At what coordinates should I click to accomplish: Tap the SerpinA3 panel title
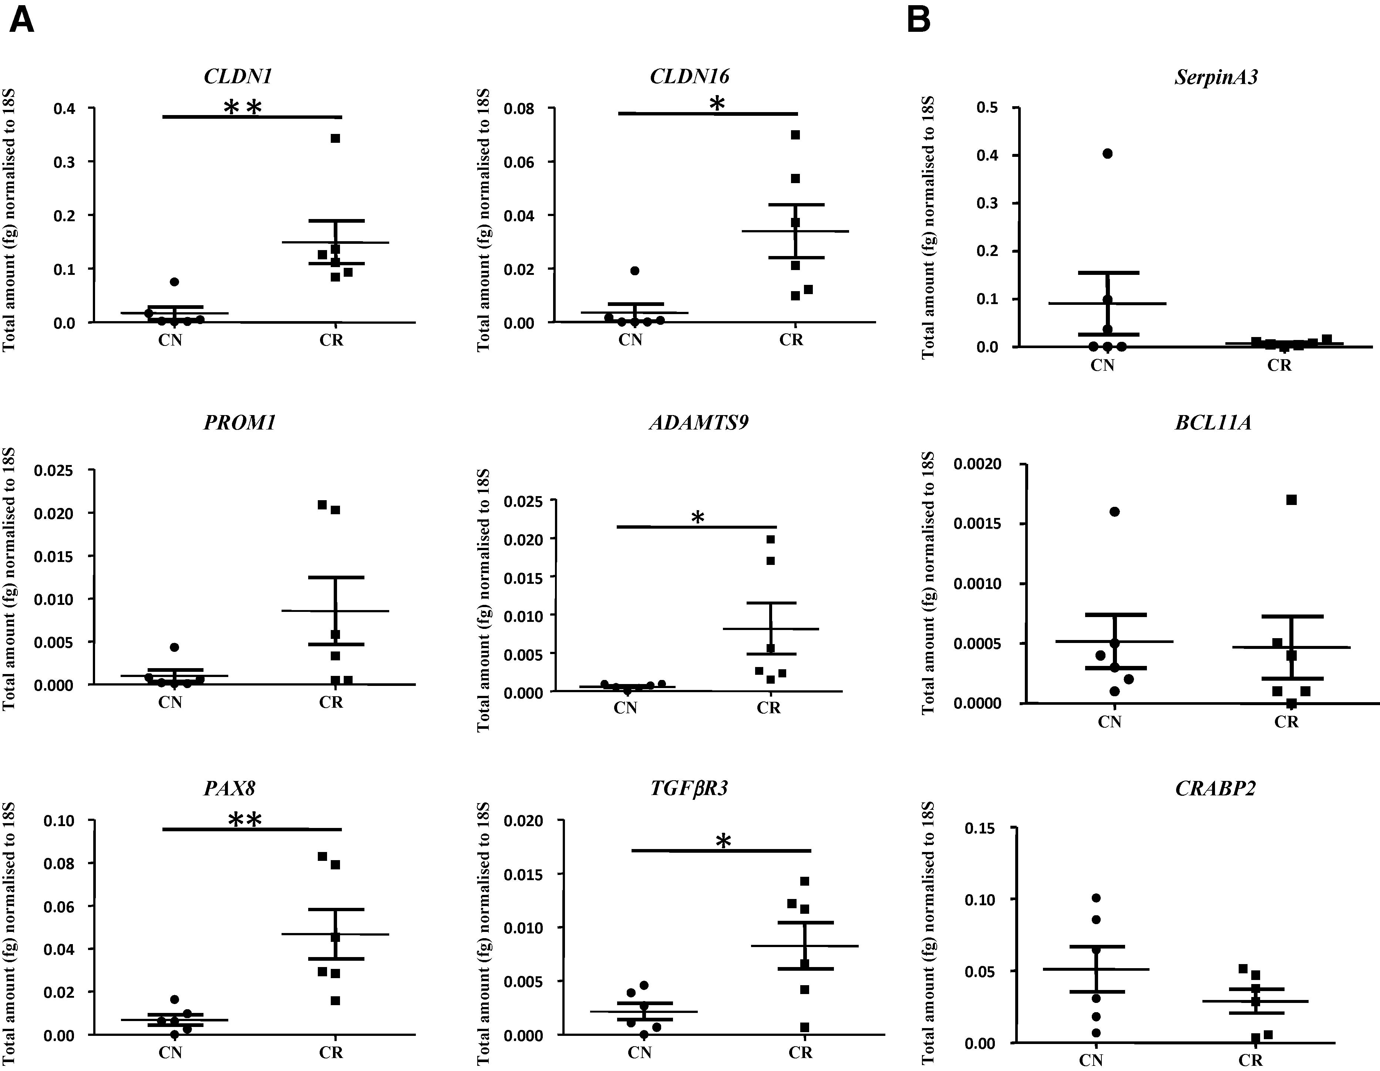(1216, 77)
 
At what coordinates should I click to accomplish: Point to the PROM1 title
(239, 422)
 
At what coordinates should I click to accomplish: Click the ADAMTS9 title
(699, 422)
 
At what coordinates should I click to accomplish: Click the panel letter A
(22, 20)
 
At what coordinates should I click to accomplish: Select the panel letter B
(918, 20)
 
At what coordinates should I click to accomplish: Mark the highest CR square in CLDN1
(336, 138)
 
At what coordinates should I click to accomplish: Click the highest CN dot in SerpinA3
(1108, 154)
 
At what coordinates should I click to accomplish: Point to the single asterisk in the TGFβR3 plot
(724, 841)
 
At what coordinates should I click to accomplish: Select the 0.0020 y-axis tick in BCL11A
(977, 464)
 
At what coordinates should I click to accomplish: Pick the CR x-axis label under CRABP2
(1251, 1060)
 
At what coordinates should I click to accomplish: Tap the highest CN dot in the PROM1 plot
(174, 647)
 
